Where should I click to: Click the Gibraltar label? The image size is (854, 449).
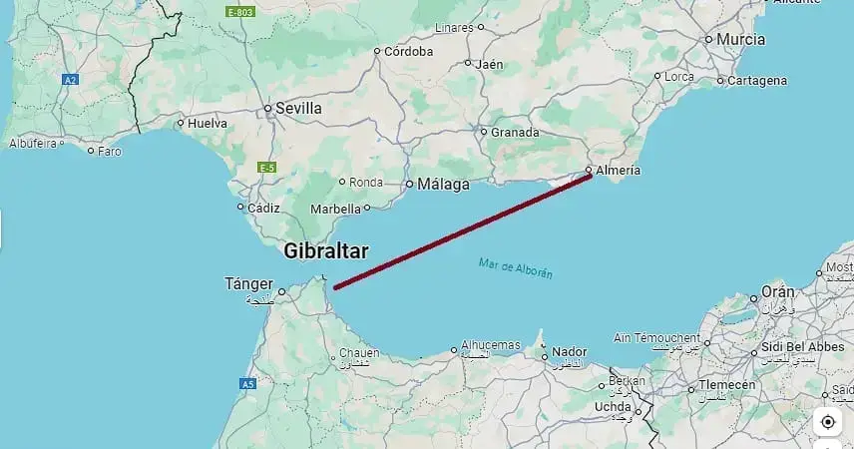325,251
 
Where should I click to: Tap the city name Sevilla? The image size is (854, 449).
299,108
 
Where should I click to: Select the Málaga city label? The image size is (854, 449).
443,185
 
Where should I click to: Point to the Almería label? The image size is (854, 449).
619,171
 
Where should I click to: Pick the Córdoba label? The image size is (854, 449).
409,51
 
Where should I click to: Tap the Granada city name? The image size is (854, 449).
516,132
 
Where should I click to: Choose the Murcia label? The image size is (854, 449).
741,40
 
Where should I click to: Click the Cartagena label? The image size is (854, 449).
757,80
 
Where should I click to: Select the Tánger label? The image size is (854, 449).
250,284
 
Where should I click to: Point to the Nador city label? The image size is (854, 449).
570,352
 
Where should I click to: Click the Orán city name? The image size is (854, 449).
778,292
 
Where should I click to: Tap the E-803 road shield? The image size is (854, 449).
239,12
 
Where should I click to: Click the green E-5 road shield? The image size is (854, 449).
265,168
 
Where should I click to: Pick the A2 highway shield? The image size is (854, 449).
70,78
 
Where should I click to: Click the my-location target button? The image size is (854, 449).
828,422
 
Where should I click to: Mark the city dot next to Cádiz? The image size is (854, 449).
240,208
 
